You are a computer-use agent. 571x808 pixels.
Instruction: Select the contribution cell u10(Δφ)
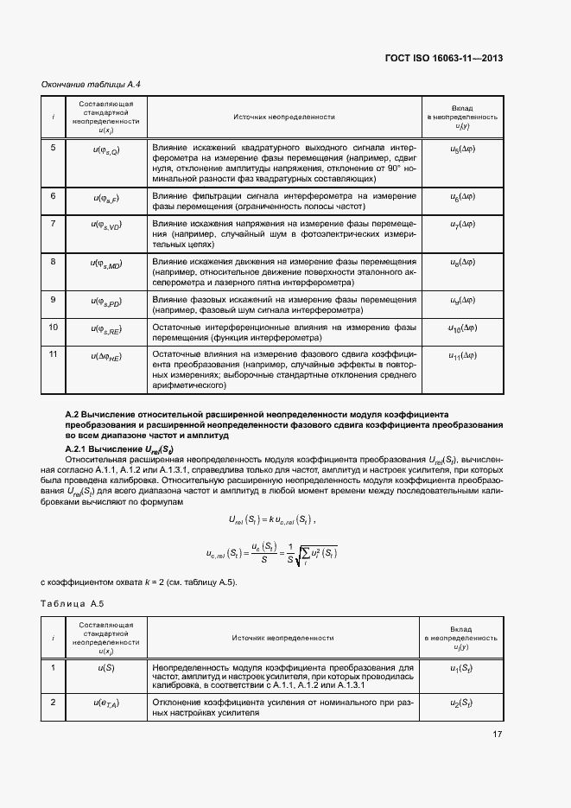pyautogui.click(x=462, y=328)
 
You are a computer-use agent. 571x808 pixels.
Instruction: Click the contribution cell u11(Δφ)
pyautogui.click(x=462, y=355)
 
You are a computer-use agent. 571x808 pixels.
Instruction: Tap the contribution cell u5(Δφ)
pyautogui.click(x=462, y=149)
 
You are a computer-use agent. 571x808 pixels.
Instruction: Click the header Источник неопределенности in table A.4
pyautogui.click(x=283, y=117)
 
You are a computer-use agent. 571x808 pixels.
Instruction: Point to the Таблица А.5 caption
pyautogui.click(x=77, y=606)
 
